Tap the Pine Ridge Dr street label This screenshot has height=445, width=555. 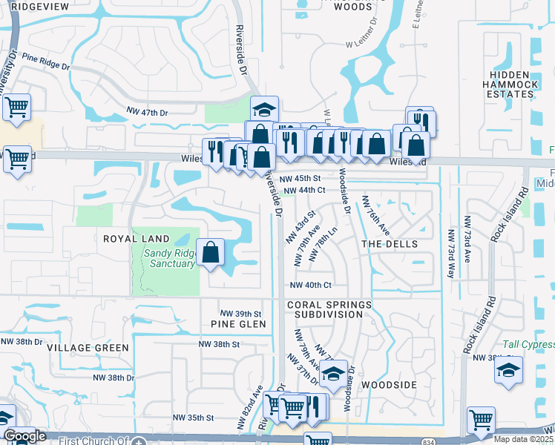click(46, 61)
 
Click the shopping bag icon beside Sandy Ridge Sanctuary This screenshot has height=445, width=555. click(211, 252)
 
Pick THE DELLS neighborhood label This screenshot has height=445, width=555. click(390, 244)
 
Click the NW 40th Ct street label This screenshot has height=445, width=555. click(309, 285)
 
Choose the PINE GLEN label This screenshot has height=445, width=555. click(233, 324)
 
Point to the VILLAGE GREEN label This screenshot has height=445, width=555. click(88, 347)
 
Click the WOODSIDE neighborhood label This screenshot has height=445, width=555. click(388, 385)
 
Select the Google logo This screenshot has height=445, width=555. click(24, 437)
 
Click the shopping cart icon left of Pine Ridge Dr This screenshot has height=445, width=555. click(16, 107)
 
